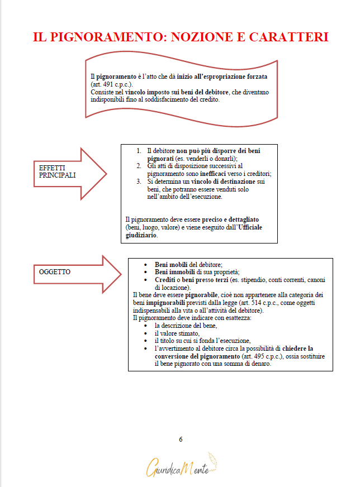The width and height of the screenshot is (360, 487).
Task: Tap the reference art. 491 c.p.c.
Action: click(109, 84)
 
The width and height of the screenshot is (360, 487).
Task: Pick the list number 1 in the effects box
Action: click(139, 151)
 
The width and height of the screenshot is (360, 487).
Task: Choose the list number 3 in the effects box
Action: click(139, 182)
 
